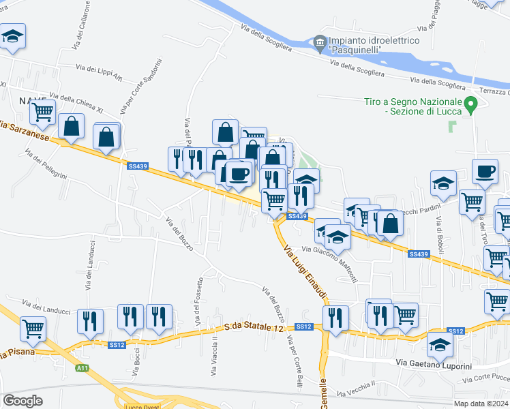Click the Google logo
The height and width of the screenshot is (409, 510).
[x=22, y=400]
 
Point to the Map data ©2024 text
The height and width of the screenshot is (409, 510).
[x=481, y=404]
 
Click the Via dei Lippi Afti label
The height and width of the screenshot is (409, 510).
[x=99, y=69]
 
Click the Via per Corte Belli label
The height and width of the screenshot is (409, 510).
[x=294, y=357]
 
